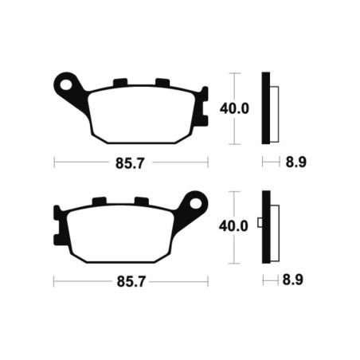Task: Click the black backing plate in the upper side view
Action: coord(267,108)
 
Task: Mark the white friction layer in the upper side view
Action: coord(276,111)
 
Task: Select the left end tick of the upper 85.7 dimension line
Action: coord(54,162)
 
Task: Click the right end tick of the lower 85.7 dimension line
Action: coord(208,281)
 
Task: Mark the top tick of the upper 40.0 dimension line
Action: coord(233,72)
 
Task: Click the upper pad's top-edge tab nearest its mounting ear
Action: coord(121,83)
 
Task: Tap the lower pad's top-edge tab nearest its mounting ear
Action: coord(141,202)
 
